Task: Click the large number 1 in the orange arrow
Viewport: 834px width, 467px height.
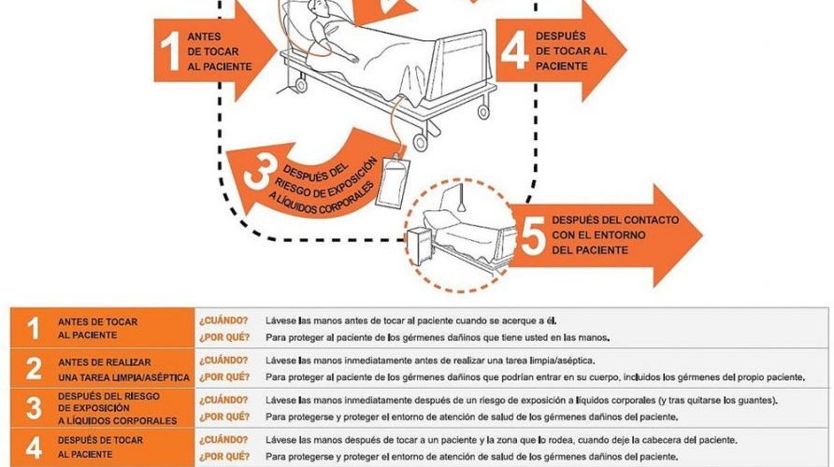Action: [x=170, y=51]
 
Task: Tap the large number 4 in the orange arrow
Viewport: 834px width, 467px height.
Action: [x=515, y=50]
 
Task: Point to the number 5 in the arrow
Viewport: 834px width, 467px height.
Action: [x=533, y=235]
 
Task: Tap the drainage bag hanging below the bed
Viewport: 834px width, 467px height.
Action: [x=392, y=180]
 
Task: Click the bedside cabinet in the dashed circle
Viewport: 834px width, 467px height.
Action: [x=420, y=246]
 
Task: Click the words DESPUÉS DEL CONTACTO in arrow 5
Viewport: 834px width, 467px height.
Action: [x=615, y=219]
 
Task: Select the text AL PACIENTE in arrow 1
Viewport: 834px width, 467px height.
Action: [x=220, y=67]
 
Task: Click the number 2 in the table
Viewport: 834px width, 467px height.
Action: [x=34, y=368]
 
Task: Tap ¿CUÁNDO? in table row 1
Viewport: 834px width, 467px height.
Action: [x=223, y=320]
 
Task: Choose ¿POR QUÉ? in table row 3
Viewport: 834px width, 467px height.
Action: [x=223, y=417]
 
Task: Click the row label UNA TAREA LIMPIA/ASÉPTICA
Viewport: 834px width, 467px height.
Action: [x=124, y=377]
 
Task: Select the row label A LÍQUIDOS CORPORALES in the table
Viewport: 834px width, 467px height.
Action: [x=118, y=420]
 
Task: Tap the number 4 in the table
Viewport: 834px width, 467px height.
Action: [x=34, y=448]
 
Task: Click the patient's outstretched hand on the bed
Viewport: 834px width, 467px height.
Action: [x=352, y=58]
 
